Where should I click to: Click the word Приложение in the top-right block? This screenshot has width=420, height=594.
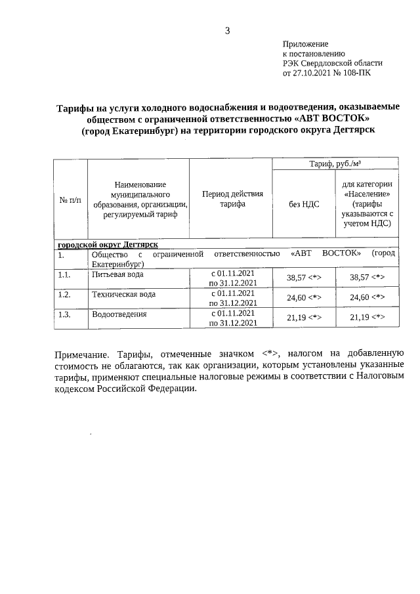pos(305,43)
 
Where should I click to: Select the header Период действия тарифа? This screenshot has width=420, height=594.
pos(232,199)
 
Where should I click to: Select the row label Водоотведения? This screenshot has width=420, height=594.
pos(119,314)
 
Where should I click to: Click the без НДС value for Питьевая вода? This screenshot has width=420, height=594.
pos(304,278)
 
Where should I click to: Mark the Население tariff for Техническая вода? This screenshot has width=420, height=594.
pos(367,298)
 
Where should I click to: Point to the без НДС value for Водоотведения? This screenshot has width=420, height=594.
pos(304,318)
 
